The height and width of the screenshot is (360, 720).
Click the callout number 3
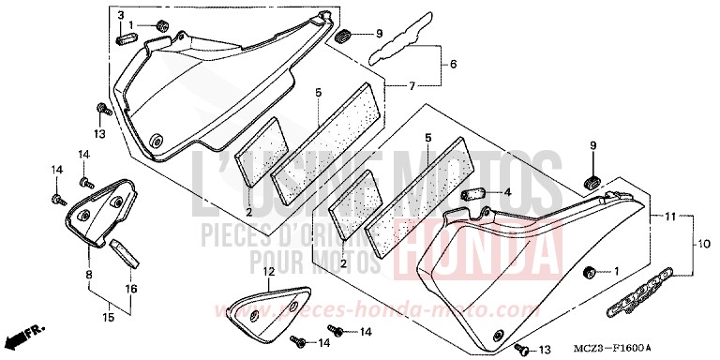pos(121,16)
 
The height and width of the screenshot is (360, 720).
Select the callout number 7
pos(412,86)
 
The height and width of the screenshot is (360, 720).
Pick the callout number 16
pos(130,290)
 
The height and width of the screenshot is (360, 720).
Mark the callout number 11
pos(671,217)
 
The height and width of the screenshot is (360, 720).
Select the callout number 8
pos(88,275)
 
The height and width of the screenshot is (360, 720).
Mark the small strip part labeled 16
pos(124,251)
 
